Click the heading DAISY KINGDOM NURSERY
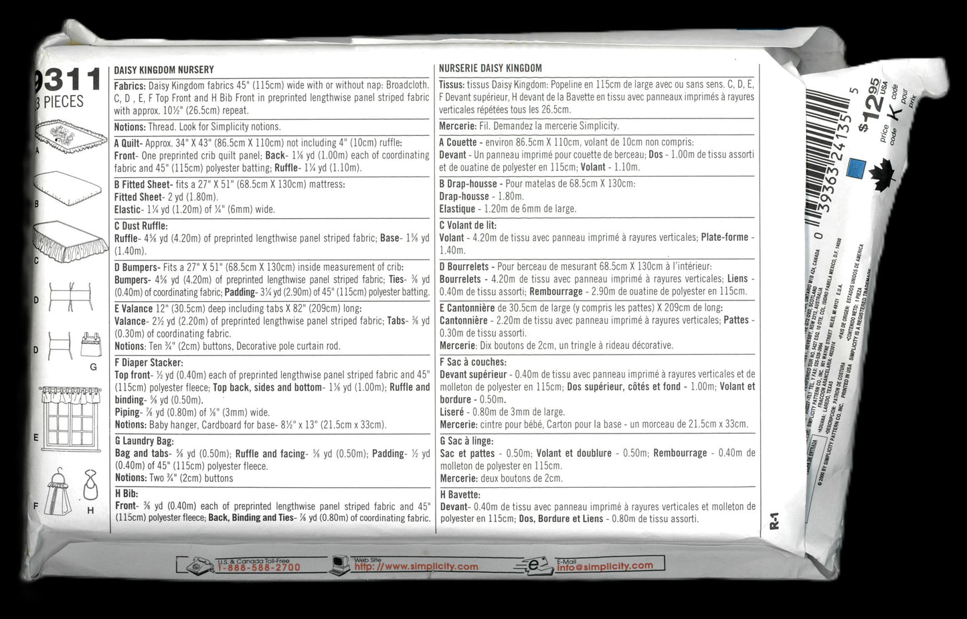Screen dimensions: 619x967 tap(164, 70)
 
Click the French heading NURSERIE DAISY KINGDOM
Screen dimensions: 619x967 tap(491, 68)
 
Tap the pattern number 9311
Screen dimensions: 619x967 tap(67, 80)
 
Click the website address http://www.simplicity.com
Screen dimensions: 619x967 tap(416, 567)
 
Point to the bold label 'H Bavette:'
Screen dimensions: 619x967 tap(460, 495)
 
